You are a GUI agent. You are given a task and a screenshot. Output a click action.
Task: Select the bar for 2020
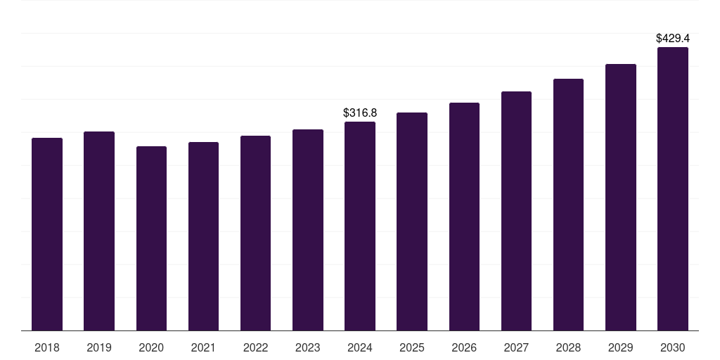point(151,238)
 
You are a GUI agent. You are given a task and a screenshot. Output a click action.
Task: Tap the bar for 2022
point(255,233)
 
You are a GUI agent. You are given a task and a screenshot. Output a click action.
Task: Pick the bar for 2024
point(359,226)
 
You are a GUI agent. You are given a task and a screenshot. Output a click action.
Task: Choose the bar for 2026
point(464,217)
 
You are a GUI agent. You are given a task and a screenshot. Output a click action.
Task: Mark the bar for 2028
point(568,205)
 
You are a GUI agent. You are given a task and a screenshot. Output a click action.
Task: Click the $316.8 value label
point(360,112)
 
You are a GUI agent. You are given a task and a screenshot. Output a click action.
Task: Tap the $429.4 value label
point(672,38)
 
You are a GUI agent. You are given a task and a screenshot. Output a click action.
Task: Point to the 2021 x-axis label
point(203,347)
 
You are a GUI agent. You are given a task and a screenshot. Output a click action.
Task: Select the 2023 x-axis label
point(307,347)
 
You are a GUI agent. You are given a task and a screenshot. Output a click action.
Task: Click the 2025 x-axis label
point(412,347)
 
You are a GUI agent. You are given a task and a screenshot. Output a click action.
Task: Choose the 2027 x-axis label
point(516,347)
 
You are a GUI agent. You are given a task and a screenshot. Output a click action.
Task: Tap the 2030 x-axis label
point(672,347)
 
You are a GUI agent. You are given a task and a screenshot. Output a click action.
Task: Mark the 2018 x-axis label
point(47,347)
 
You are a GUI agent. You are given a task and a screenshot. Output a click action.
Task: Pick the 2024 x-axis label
point(359,347)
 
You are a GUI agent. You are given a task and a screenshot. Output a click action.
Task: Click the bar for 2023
point(307,230)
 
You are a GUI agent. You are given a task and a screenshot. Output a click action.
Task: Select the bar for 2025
point(412,221)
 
